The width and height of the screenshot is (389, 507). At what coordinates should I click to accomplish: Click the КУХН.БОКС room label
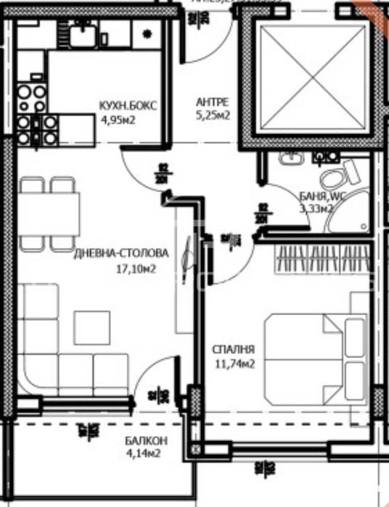pos(128,106)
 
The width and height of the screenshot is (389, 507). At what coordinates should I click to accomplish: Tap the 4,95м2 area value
pos(118,119)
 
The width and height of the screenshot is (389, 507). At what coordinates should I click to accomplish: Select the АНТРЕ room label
pos(213,102)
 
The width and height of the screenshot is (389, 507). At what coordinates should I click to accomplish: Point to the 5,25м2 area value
pos(213,115)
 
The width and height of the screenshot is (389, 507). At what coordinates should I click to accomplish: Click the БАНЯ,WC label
pos(322,196)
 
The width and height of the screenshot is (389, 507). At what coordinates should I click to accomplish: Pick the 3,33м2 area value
pos(316,209)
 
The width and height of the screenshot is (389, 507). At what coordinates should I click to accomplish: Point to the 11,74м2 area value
pos(232,364)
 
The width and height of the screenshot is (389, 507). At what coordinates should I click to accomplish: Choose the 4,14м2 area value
pos(142,454)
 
